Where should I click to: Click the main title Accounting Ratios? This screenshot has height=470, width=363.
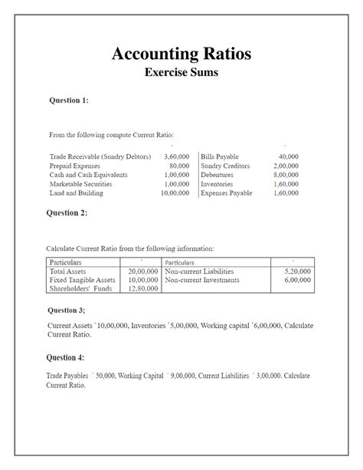(x=181, y=54)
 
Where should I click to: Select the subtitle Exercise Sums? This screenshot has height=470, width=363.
(x=181, y=74)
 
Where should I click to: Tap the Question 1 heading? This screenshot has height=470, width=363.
(x=69, y=100)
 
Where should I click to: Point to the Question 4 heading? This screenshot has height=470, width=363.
(x=66, y=357)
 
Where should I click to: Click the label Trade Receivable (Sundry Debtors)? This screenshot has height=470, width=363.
(x=100, y=156)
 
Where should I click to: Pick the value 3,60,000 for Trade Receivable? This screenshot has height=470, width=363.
(x=176, y=156)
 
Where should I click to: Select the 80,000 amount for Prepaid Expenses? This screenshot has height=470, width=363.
(x=178, y=166)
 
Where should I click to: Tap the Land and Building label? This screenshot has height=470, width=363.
(x=76, y=193)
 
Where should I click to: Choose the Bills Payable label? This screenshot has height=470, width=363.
(x=220, y=156)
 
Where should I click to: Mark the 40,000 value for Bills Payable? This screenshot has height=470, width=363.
(x=288, y=156)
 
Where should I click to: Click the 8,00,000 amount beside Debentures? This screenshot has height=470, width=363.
(x=286, y=175)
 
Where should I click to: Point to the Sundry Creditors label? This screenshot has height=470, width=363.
(x=225, y=166)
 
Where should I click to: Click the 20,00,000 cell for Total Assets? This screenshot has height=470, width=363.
(x=142, y=271)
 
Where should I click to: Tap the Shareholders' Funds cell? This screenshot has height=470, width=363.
(x=80, y=288)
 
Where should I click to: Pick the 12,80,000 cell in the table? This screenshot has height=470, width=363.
(x=142, y=288)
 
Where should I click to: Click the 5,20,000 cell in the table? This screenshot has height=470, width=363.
(x=297, y=271)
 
